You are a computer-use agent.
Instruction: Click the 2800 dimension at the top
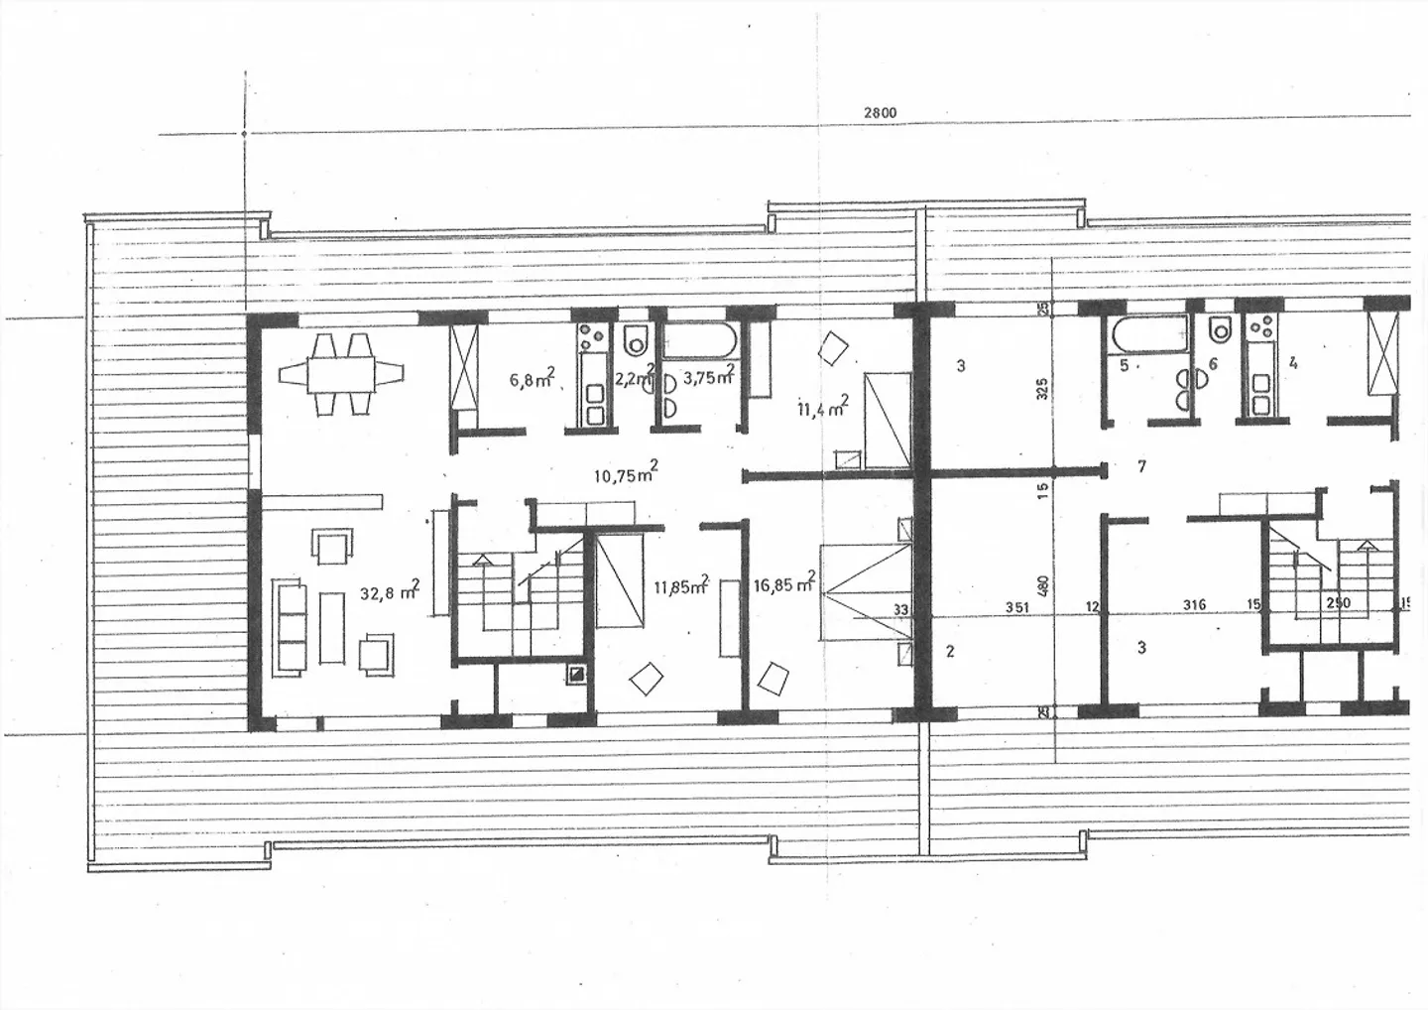(x=880, y=113)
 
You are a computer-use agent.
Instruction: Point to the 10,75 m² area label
(x=626, y=473)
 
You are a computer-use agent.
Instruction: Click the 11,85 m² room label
(x=680, y=585)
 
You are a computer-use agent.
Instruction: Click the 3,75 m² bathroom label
(x=708, y=377)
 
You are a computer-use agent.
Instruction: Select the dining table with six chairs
(x=342, y=374)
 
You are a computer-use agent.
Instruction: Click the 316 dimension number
(x=1194, y=605)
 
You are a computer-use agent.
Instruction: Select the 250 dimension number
(x=1338, y=602)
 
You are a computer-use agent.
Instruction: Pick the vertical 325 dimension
(x=1041, y=388)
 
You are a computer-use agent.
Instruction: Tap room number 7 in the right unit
(x=1142, y=466)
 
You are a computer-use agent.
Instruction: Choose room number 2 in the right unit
(x=950, y=652)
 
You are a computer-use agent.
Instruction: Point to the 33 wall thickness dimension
(x=900, y=609)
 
